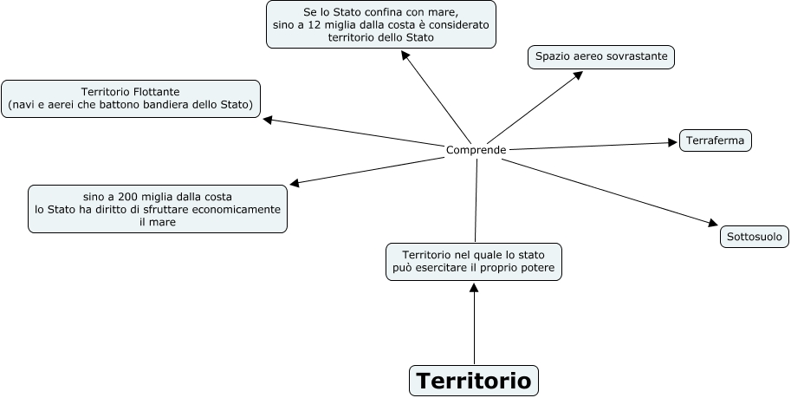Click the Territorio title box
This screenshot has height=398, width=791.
pos(473,381)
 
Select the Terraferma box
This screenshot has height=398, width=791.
pos(716,140)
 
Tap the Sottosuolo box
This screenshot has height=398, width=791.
pos(754,236)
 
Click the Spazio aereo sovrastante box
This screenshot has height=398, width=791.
pos(601,57)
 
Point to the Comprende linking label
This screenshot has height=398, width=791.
pos(476,150)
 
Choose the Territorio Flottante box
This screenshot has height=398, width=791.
pos(131,98)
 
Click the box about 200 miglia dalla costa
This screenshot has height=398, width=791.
pos(158,209)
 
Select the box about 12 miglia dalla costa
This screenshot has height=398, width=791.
pos(380,25)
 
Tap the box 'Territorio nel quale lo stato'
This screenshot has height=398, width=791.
pos(474,261)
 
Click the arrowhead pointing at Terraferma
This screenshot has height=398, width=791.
pos(671,141)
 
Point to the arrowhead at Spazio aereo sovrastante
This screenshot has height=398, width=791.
pos(578,76)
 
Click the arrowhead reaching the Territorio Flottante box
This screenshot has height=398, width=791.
pos(269,120)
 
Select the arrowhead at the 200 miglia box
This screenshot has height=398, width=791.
pos(295,183)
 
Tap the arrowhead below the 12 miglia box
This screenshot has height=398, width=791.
pos(405,55)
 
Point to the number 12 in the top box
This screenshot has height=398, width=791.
pos(323,25)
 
